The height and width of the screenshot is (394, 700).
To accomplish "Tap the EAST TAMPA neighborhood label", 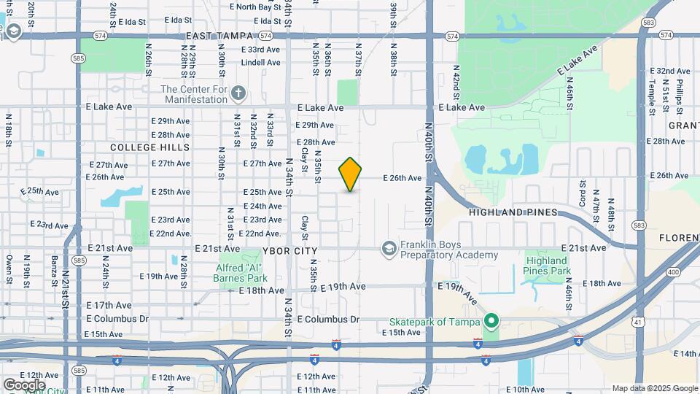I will pyautogui.click(x=219, y=36).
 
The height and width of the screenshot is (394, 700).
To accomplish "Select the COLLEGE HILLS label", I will pyautogui.click(x=140, y=147).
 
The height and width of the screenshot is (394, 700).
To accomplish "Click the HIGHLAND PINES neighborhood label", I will pyautogui.click(x=513, y=212).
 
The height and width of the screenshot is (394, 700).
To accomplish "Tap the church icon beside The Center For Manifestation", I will pyautogui.click(x=239, y=93).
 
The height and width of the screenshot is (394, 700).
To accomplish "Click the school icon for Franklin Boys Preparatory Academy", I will pyautogui.click(x=389, y=249).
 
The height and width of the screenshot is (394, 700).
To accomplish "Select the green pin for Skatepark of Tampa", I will pyautogui.click(x=491, y=321).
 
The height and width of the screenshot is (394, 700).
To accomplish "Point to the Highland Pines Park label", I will pyautogui.click(x=546, y=266).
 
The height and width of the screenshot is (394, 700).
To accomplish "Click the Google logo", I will pyautogui.click(x=24, y=385).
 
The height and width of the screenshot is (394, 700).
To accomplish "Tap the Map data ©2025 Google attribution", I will pyautogui.click(x=654, y=388).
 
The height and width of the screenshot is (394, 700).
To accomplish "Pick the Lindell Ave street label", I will pyautogui.click(x=260, y=63).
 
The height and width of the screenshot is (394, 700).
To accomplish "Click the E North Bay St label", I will pyautogui.click(x=255, y=7).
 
